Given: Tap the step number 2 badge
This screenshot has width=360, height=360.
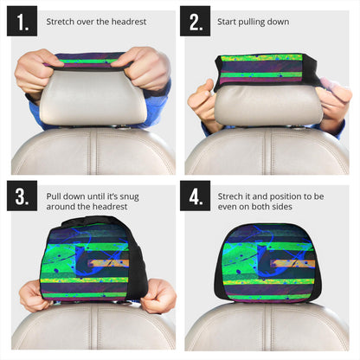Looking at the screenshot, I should pos(195,21).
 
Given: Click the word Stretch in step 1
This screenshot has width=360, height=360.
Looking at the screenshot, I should pos(61,21).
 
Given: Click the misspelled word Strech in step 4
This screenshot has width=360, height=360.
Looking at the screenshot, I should pos(234,196).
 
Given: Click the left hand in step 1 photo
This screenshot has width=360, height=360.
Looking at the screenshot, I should pos(39,69).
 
